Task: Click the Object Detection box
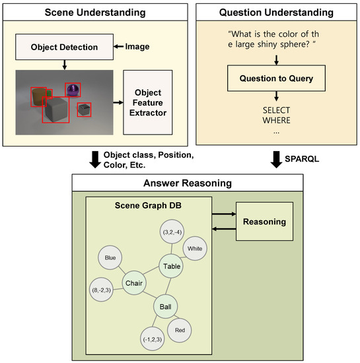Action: point(63,47)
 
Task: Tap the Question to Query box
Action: point(276,79)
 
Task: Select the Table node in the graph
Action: point(170,267)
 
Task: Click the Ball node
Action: point(166,307)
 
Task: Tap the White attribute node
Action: point(195,249)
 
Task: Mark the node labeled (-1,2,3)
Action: point(152,339)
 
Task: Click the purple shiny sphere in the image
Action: point(73,90)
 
